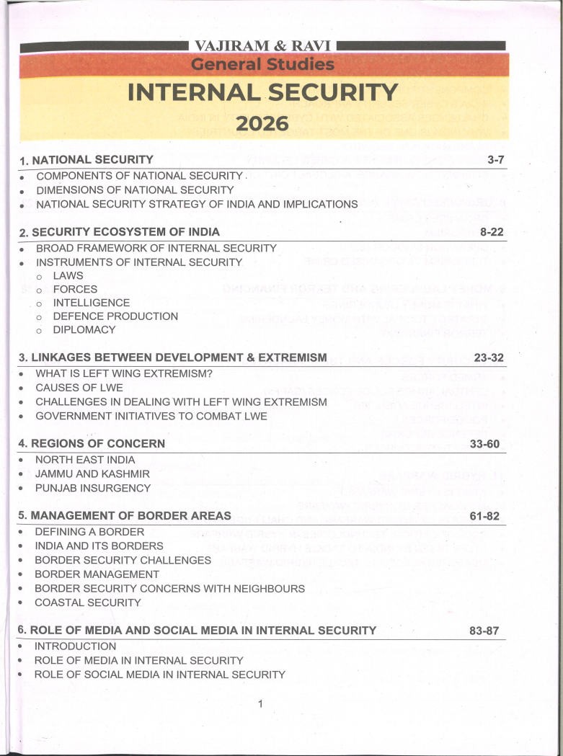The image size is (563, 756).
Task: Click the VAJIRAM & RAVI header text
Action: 262,47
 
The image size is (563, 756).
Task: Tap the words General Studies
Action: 262,65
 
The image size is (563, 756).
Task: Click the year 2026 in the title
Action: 262,124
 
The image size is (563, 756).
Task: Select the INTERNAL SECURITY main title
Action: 262,93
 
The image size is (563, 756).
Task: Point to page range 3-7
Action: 496,160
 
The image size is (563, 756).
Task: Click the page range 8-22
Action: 493,232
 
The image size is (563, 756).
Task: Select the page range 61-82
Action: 484,516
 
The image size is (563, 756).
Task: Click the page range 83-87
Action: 484,631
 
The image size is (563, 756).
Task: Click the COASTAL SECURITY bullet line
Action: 88,602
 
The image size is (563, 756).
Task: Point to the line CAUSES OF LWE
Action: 79,388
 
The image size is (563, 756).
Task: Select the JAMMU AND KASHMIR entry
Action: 92,473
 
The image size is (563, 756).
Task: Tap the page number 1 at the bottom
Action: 260,704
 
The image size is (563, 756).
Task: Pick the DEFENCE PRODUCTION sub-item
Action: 115,316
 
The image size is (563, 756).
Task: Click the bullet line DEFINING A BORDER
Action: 89,532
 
